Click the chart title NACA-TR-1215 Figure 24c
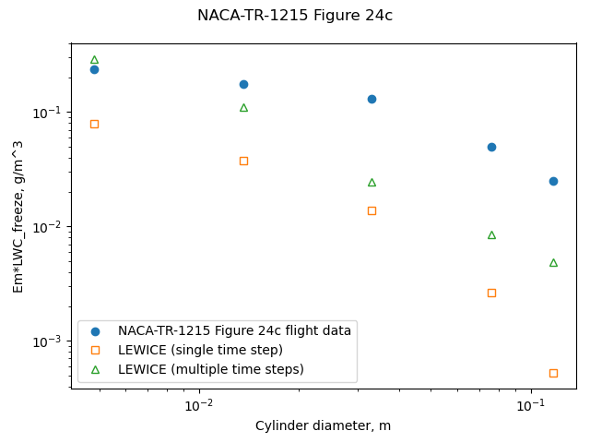295,16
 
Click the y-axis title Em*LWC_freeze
18,216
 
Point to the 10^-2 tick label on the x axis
199,406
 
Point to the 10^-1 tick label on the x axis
529,406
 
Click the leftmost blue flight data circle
94,69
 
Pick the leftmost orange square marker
94,124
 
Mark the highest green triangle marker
94,60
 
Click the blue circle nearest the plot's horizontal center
372,99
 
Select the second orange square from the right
491,293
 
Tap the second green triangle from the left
243,108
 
